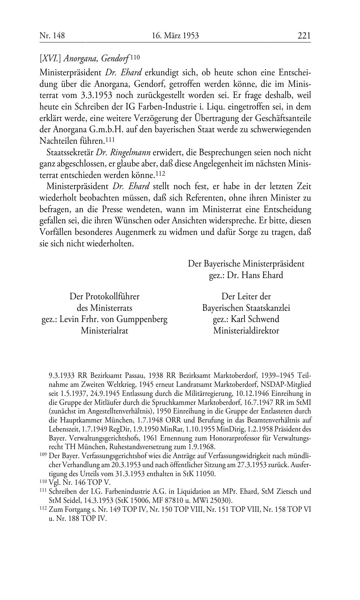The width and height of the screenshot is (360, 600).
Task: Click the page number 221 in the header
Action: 304,35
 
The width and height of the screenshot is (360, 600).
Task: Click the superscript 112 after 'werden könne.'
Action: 160,174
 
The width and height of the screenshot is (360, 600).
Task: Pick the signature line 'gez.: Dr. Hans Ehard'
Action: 246,275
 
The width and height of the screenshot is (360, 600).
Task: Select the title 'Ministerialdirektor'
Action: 246,331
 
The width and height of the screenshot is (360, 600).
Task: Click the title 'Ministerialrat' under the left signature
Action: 104,331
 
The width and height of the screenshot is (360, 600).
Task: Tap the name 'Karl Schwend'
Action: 255,319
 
